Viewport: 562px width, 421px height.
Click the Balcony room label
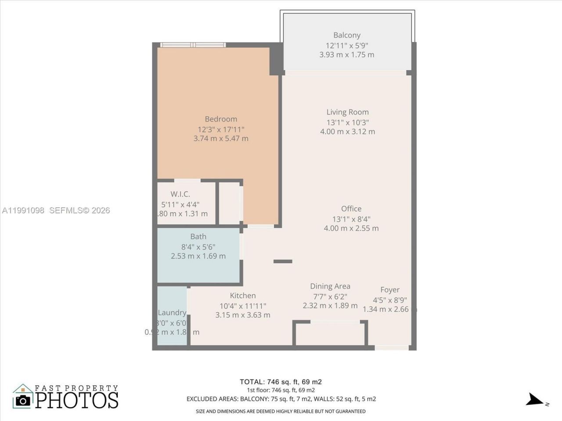coord(346,35)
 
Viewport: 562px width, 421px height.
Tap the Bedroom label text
coord(221,119)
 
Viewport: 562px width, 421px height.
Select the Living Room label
coord(347,112)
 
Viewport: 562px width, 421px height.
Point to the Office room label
coord(351,209)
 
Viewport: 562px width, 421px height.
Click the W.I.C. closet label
coord(180,194)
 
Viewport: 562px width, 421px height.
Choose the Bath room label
coord(198,236)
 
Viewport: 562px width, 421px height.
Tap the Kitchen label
coord(243,296)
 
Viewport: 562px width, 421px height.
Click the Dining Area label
coord(330,286)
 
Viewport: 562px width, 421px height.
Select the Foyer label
coord(389,289)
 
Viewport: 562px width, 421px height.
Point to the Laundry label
coord(172,312)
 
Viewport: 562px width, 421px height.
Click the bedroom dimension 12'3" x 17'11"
coord(221,129)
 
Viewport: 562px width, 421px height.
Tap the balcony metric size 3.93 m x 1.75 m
coord(346,55)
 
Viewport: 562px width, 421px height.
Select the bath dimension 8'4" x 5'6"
coord(198,246)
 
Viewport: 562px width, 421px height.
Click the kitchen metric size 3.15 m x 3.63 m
coord(243,315)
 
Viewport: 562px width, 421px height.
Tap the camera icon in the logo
coord(23,400)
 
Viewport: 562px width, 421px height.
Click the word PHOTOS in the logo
coord(77,400)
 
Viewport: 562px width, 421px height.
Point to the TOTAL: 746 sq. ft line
coord(281,382)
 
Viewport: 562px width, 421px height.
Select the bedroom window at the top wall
coord(193,45)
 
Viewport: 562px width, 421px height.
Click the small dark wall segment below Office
coord(283,261)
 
